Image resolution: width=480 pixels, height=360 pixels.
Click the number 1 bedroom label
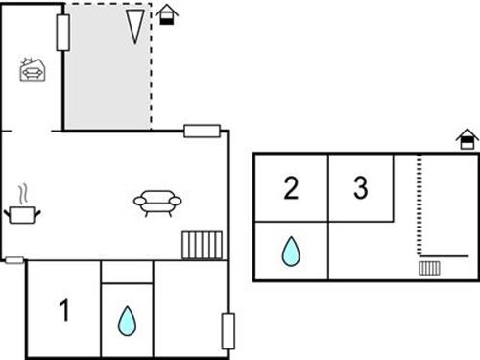click(x=64, y=311)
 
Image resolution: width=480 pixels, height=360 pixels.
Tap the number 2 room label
click(x=291, y=188)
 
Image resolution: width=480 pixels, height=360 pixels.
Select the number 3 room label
click(x=360, y=188)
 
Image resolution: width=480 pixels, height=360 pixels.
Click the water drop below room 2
click(x=290, y=252)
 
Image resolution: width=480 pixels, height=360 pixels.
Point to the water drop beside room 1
click(x=127, y=321)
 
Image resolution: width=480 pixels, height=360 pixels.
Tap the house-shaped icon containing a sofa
click(x=32, y=69)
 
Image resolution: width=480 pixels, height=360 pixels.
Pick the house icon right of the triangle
click(x=167, y=14)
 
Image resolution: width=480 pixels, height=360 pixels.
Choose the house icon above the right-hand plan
click(x=467, y=142)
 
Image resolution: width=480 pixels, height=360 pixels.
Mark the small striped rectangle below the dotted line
click(x=429, y=267)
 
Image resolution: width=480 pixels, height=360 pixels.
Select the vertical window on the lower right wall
click(x=228, y=330)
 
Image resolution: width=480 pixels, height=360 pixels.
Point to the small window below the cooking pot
click(x=13, y=258)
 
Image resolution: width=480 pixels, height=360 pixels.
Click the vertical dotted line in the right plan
click(x=420, y=206)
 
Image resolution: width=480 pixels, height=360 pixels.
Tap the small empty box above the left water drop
click(x=127, y=272)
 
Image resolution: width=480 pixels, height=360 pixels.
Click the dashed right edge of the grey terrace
click(x=152, y=67)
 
